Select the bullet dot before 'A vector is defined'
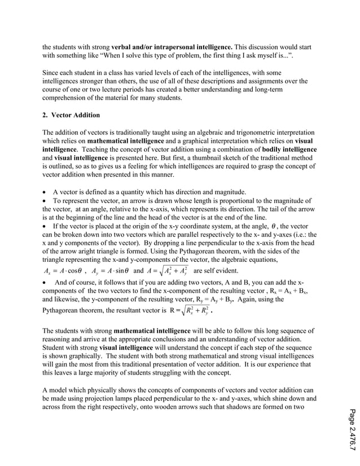click(45, 192)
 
